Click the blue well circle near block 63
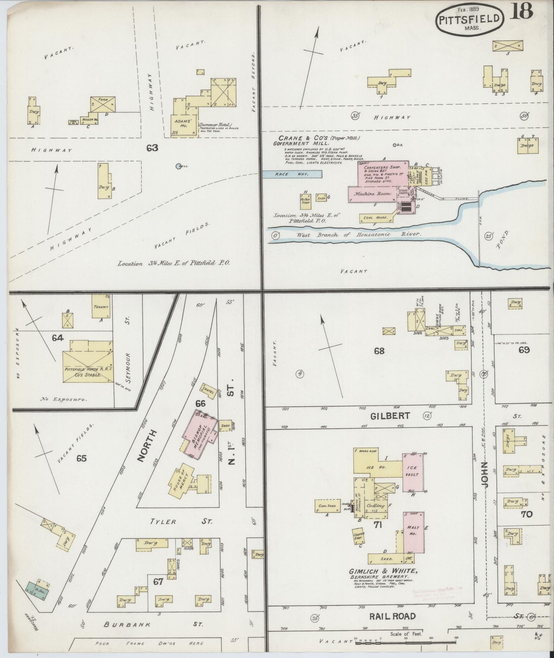[178, 166]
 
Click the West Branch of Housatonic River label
[358, 234]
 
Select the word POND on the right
[503, 240]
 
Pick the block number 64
[58, 338]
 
